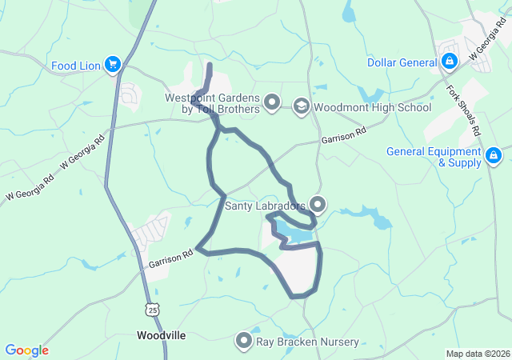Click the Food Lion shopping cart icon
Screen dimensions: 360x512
click(113, 65)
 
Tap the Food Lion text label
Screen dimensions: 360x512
click(75, 65)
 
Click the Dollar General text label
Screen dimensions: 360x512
click(402, 62)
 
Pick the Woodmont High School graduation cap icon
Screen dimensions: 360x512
click(301, 106)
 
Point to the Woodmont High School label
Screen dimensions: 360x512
click(372, 106)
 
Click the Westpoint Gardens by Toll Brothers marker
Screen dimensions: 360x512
click(272, 102)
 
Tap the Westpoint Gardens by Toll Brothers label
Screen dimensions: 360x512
click(212, 103)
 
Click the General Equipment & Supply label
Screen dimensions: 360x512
click(434, 156)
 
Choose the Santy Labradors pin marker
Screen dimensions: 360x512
click(318, 206)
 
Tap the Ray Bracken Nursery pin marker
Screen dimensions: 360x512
click(244, 342)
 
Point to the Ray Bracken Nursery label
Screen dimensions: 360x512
click(307, 342)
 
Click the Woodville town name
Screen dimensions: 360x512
click(162, 335)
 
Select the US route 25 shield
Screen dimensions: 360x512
click(153, 308)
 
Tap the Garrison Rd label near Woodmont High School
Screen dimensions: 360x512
click(343, 134)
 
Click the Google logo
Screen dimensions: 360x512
click(26, 350)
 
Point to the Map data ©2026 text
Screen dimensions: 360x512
click(477, 354)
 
